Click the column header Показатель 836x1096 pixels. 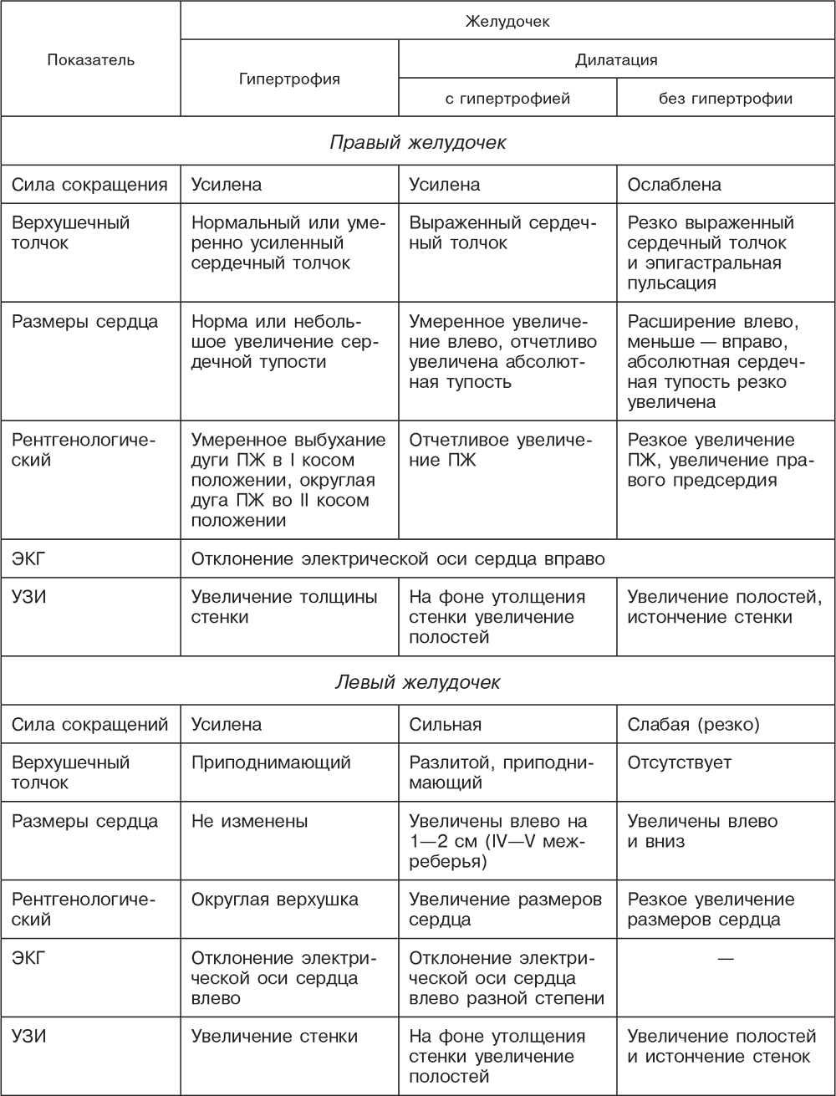click(x=91, y=59)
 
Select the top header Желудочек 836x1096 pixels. click(x=507, y=21)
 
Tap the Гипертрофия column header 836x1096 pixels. click(x=289, y=79)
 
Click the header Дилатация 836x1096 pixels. click(x=616, y=59)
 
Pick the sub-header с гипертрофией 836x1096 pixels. click(x=507, y=99)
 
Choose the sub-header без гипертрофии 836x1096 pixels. click(x=726, y=99)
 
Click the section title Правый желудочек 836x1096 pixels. click(x=417, y=143)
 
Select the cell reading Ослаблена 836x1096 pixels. click(x=674, y=184)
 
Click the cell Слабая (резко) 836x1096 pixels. click(x=693, y=725)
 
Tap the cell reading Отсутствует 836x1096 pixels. click(x=680, y=763)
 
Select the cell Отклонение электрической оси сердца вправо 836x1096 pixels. click(x=398, y=558)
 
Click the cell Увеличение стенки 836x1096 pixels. click(x=275, y=1037)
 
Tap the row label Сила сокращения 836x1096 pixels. click(x=89, y=184)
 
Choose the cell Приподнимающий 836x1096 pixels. click(x=271, y=763)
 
